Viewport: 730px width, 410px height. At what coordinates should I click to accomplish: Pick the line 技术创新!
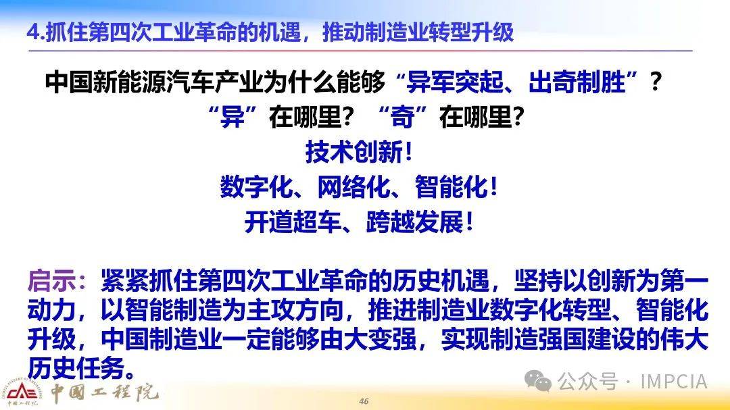359,152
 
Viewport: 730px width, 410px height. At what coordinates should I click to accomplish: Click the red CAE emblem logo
22,392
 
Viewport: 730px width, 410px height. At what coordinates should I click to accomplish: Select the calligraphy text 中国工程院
105,392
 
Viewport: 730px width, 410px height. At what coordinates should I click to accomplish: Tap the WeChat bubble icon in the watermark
539,382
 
